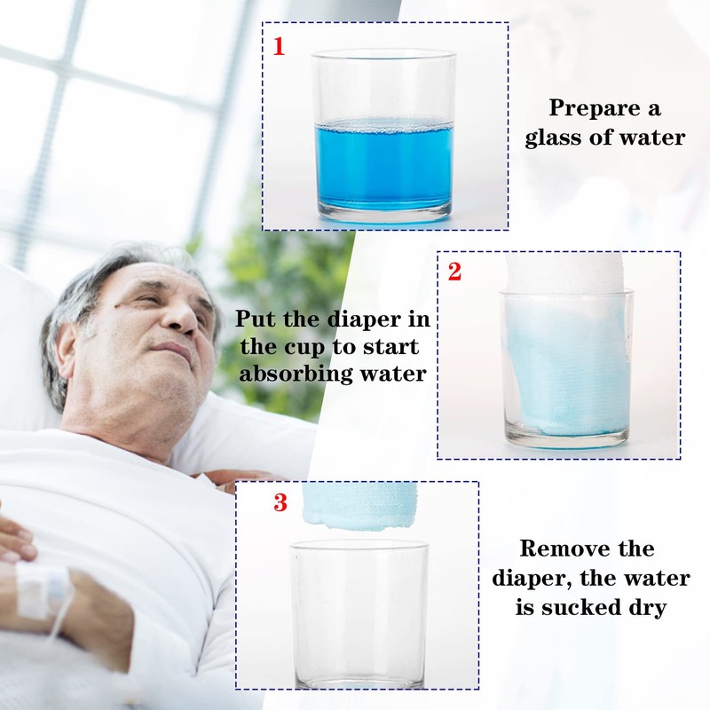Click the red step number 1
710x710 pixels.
pyautogui.click(x=279, y=46)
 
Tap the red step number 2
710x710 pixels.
pyautogui.click(x=454, y=272)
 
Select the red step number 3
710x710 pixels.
pyautogui.click(x=280, y=502)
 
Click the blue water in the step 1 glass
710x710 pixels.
pyautogui.click(x=383, y=168)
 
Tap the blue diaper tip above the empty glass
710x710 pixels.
pyautogui.click(x=360, y=506)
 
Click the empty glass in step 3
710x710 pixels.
pyautogui.click(x=359, y=613)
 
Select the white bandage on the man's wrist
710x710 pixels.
pyautogui.click(x=43, y=588)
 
